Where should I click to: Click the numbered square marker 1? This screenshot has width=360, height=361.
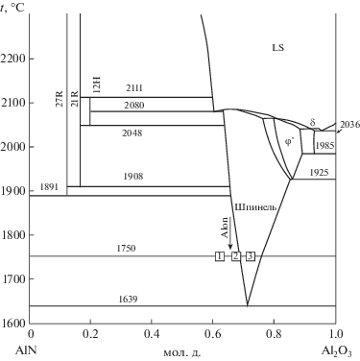[220, 256]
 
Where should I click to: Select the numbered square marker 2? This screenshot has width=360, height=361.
[236, 256]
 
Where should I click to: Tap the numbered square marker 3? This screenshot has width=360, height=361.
[251, 256]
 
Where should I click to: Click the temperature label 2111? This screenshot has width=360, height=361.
[134, 88]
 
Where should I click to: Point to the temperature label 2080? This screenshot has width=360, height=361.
[134, 106]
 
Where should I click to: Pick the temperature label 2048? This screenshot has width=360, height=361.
[132, 132]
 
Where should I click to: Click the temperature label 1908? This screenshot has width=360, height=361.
[133, 177]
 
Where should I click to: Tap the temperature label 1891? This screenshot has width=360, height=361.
[49, 187]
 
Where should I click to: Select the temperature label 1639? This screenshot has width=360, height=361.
[128, 300]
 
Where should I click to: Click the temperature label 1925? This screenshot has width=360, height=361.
[319, 173]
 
